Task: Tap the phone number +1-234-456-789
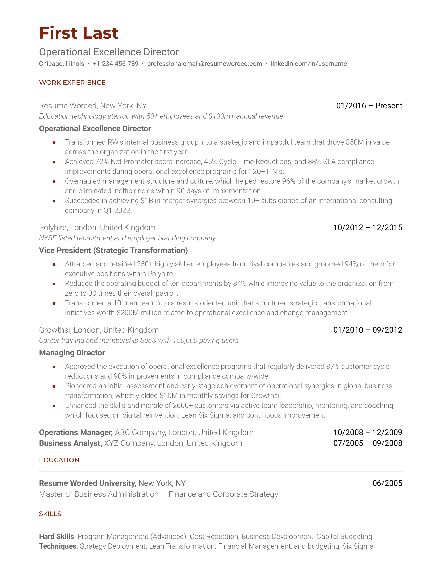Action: tap(115, 64)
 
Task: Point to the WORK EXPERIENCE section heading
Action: tap(72, 83)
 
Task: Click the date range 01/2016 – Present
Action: tap(369, 106)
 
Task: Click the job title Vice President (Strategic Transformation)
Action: tap(113, 250)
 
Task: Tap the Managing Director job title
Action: tap(72, 353)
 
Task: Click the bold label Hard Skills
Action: tap(57, 536)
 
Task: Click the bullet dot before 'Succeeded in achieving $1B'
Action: tap(54, 201)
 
